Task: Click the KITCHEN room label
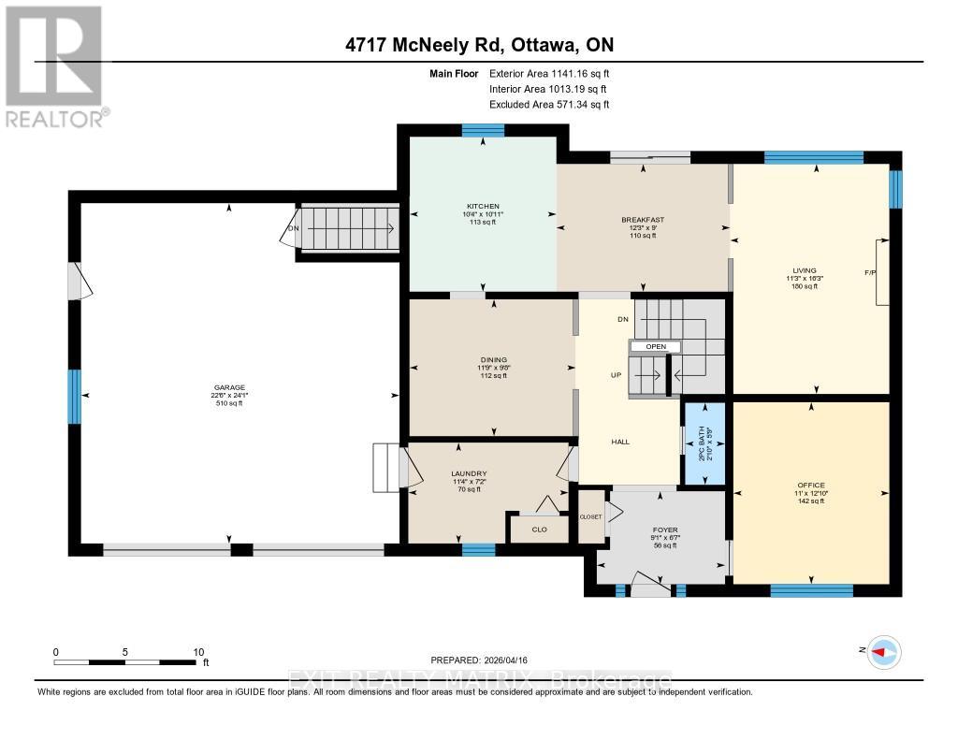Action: point(484,206)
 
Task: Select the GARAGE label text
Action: point(228,387)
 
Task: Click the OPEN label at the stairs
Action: point(655,346)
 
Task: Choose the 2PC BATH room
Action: point(706,443)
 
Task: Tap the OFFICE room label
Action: point(810,486)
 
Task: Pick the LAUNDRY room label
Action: point(468,474)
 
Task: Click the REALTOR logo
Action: point(53,65)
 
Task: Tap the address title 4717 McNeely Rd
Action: point(478,45)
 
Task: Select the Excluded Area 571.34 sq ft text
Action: point(548,105)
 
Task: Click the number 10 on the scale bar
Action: point(197,652)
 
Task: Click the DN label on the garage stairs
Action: point(293,227)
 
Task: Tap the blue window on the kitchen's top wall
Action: point(483,131)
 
